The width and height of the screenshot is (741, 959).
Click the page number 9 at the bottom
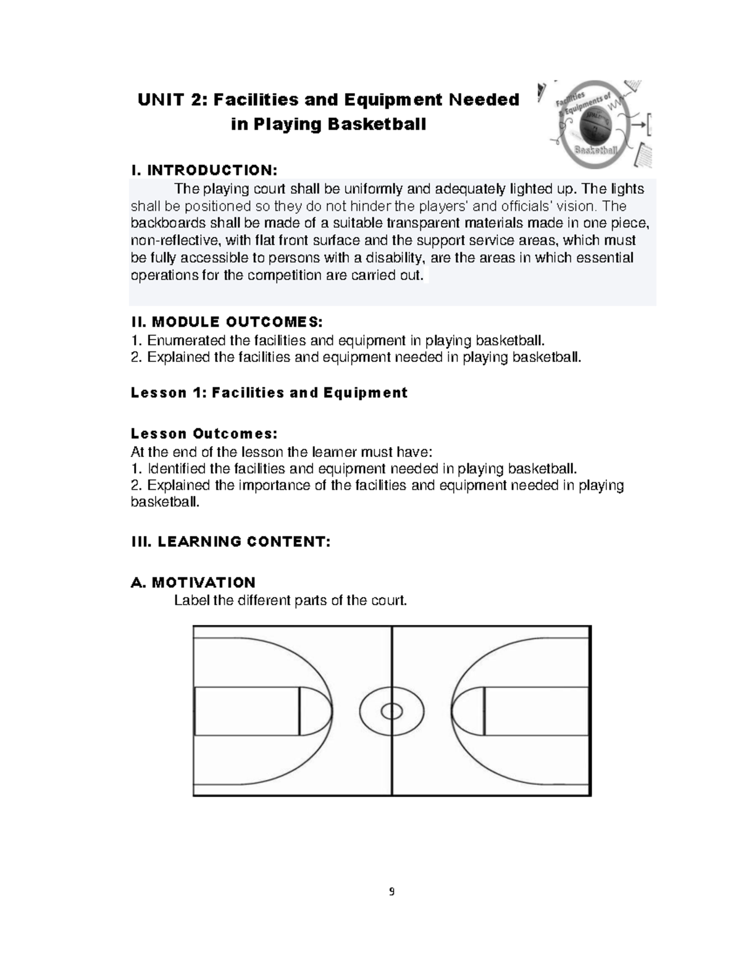[391, 892]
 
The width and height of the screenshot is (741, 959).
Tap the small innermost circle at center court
[391, 711]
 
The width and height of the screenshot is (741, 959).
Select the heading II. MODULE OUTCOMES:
[227, 322]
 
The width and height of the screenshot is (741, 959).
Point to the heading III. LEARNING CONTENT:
[231, 542]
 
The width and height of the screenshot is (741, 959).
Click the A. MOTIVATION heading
[193, 582]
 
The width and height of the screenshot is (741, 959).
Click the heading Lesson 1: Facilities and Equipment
[269, 393]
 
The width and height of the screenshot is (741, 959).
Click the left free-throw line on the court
[299, 711]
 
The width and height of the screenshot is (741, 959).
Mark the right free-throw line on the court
[484, 711]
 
